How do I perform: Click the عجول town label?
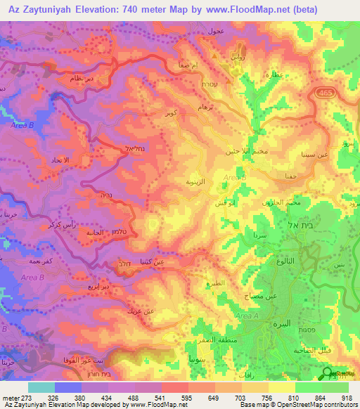pyautogui.click(x=215, y=32)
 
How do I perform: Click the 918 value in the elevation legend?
pyautogui.click(x=347, y=396)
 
